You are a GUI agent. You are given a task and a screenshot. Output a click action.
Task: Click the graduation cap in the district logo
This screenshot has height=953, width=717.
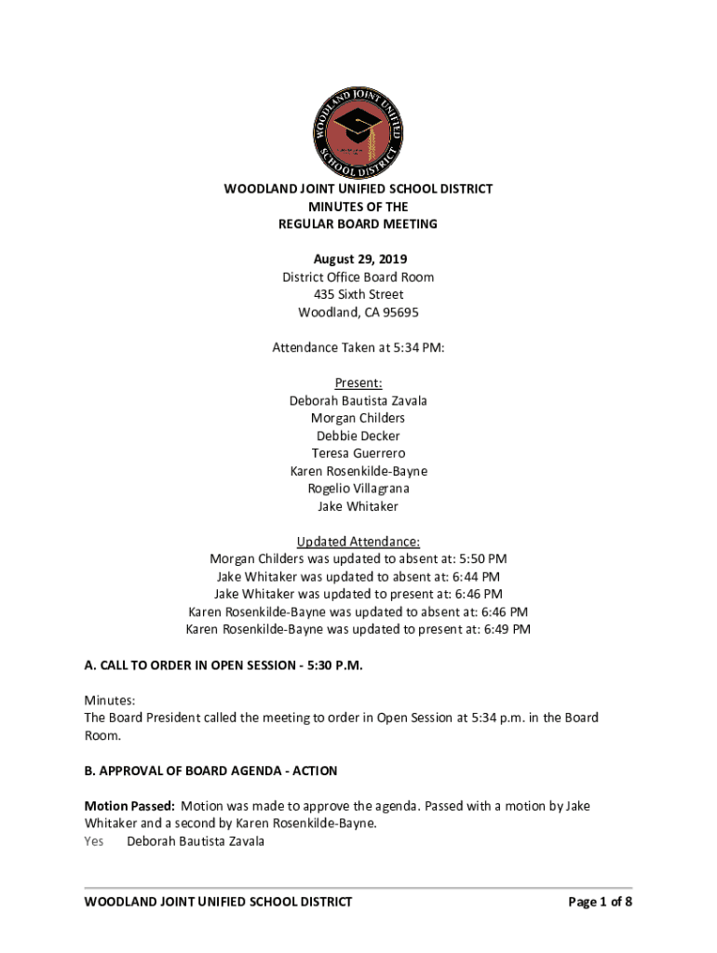pos(357,125)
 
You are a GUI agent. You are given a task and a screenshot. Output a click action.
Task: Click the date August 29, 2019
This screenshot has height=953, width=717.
pos(358,260)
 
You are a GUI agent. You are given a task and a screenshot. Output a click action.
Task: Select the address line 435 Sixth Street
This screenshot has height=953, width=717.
pos(358,295)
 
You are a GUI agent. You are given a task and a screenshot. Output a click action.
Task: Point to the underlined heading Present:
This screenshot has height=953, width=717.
pos(358,383)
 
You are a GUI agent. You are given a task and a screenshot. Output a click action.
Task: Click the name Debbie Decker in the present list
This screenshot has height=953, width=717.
pos(358,436)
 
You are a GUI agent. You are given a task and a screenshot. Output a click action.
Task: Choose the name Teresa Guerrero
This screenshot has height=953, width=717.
pos(358,454)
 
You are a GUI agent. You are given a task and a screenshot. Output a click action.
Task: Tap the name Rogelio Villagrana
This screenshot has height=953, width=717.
pos(358,489)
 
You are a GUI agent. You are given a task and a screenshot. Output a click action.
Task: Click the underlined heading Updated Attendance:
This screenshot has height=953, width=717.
pos(358,542)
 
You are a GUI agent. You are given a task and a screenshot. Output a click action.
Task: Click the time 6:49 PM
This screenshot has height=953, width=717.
pos(507,630)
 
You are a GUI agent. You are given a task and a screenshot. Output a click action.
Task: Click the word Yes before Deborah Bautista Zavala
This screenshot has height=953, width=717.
pos(94,842)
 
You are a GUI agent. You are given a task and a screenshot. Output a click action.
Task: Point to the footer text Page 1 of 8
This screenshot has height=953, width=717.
pos(601,902)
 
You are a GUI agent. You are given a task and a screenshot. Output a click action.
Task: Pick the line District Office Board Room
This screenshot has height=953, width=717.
pos(358,277)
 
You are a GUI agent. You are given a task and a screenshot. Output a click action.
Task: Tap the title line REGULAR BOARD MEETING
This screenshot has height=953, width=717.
pos(358,224)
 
